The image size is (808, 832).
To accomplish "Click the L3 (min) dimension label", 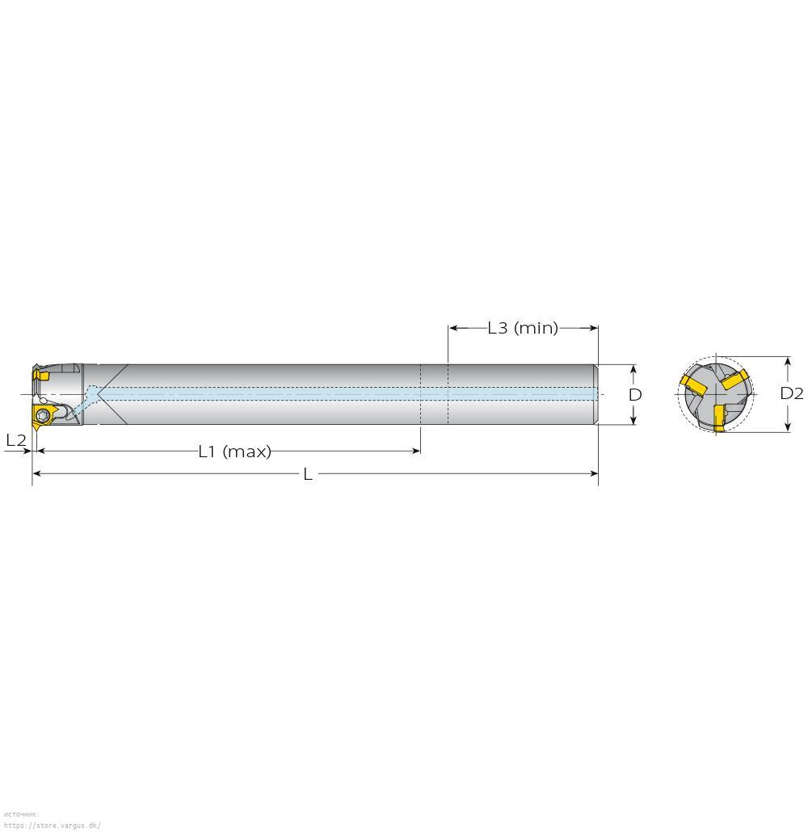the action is tap(523, 328).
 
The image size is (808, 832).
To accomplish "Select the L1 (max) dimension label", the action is tap(234, 452).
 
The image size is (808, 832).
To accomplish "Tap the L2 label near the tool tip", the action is tap(16, 440).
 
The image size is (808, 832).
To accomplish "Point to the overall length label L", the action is tap(307, 474).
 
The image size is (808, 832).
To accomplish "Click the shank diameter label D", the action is tap(635, 395).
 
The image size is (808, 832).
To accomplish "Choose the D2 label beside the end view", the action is tap(792, 393).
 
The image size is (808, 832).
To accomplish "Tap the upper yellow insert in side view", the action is tap(40, 375).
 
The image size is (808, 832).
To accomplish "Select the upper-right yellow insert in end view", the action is tap(735, 380).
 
